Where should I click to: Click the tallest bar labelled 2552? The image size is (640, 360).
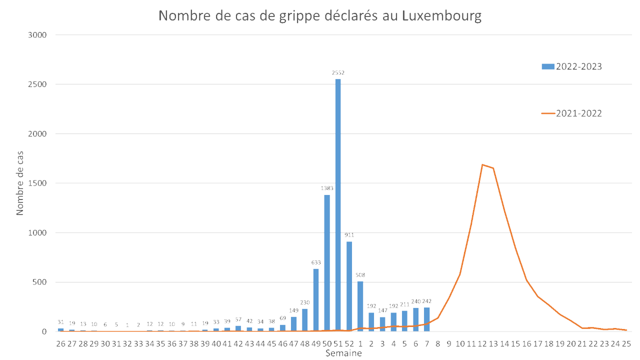coord(338,205)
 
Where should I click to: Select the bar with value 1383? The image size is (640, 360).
coord(327,262)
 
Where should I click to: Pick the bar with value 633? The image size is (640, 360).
coord(316,300)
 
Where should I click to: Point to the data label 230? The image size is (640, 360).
coord(305,302)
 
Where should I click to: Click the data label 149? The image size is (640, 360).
coord(294,310)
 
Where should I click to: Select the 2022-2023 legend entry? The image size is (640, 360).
coord(571,66)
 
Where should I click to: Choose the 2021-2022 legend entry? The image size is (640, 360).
coord(571,113)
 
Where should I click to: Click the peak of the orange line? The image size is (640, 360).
coord(482,164)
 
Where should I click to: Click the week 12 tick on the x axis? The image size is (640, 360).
coord(482,344)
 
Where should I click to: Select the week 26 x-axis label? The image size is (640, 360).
coord(61,344)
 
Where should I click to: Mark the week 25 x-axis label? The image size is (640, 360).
coord(626,344)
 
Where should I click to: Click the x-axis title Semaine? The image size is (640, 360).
coord(343,353)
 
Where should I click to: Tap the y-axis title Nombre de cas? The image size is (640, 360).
coord(20,183)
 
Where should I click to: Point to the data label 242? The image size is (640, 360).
coord(426,301)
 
